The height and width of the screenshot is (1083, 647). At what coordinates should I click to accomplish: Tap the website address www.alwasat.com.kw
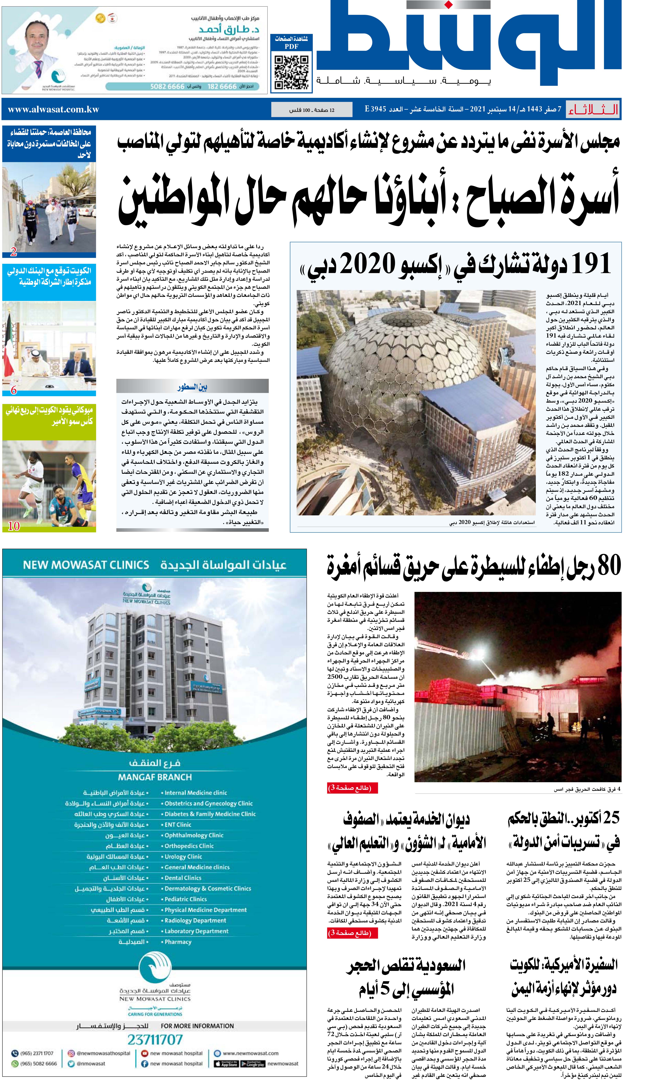coord(54,109)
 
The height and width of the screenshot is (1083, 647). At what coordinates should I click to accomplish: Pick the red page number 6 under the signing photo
coord(14,390)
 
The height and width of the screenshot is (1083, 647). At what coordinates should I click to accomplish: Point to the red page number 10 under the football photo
coord(14,526)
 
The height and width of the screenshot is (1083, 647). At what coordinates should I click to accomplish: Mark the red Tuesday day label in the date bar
coord(593,109)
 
